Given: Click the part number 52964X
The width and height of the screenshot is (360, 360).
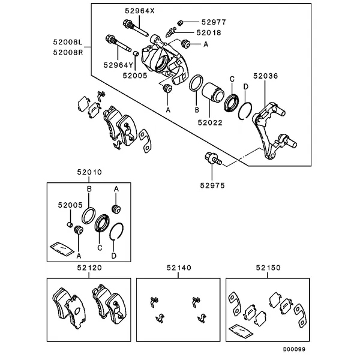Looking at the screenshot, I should [x=140, y=11].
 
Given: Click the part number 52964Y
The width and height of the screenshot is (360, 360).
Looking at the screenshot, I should [x=118, y=64].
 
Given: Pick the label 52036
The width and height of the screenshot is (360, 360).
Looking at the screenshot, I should [x=265, y=76].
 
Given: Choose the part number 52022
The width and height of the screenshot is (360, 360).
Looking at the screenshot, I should [x=211, y=122].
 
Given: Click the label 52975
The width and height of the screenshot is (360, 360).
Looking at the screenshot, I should [x=212, y=185].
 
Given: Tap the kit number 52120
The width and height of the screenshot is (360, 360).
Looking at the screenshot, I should [x=89, y=268].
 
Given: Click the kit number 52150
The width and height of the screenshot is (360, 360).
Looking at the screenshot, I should [x=268, y=268].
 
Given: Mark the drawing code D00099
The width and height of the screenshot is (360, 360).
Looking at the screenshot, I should [x=295, y=348].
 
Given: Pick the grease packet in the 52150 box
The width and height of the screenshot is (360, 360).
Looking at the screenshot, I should [x=240, y=330].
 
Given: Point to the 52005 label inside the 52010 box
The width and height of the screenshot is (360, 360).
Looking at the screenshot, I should [x=70, y=205].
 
